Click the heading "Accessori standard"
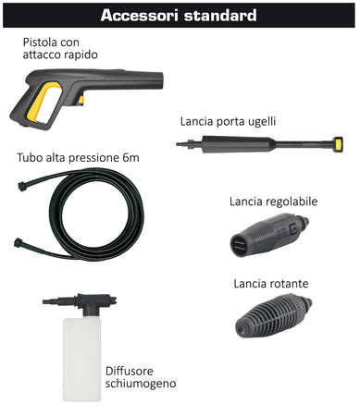(180, 16)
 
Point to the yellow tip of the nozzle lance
(340, 143)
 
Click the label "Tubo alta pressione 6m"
(78, 158)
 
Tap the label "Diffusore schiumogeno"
(140, 375)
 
